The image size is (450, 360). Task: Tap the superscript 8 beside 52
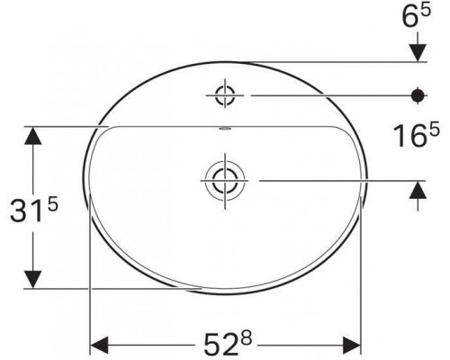(x=247, y=338)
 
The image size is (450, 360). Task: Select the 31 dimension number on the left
(x=25, y=211)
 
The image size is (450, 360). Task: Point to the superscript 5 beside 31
(x=52, y=206)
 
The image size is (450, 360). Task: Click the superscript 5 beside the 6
(x=426, y=10)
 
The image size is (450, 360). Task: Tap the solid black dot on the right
(x=418, y=95)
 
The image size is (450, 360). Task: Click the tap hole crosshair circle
(x=225, y=95)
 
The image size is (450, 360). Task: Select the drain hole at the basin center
(x=225, y=181)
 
